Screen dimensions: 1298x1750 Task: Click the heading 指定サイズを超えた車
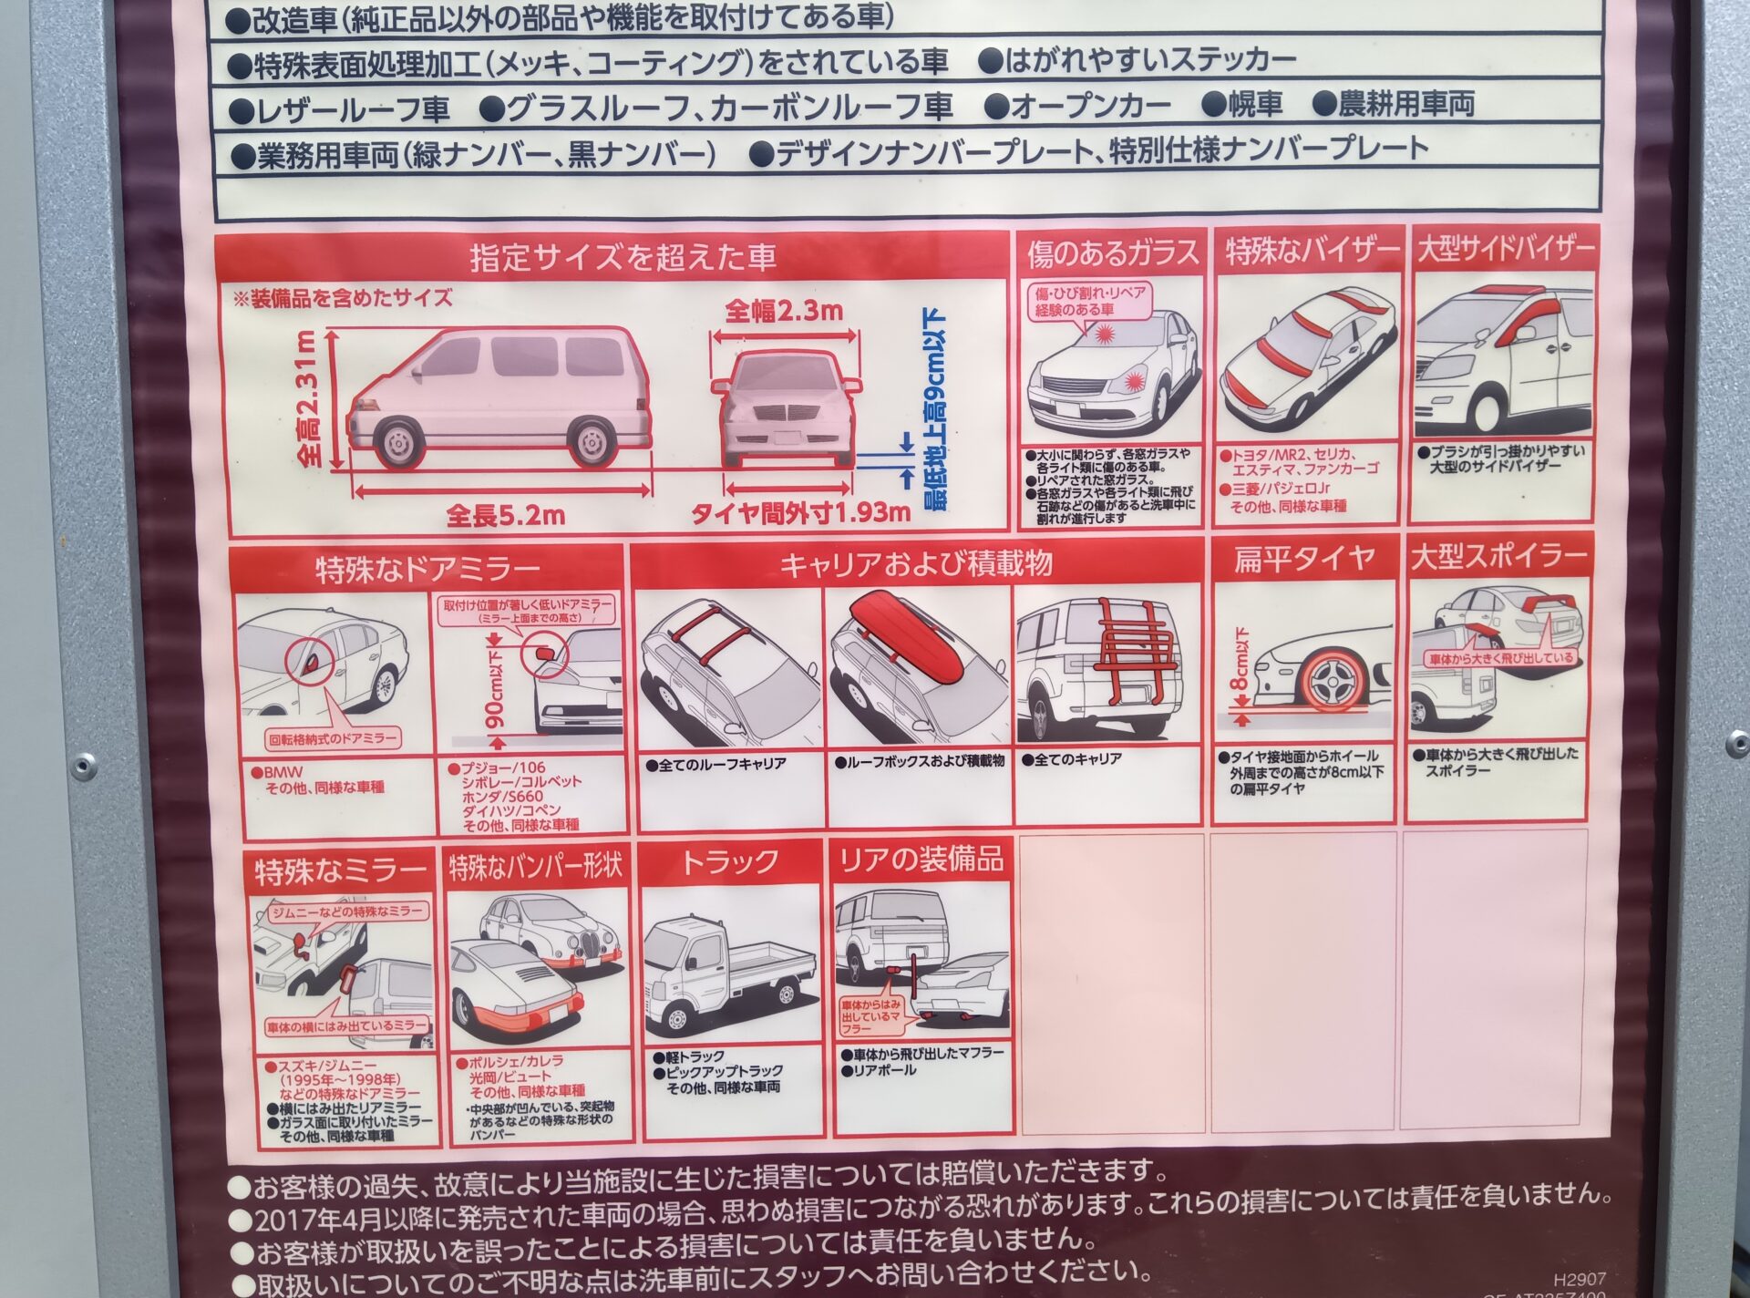click(x=623, y=258)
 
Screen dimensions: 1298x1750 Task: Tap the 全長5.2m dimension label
click(x=505, y=516)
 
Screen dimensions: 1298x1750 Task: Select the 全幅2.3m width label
click(x=784, y=312)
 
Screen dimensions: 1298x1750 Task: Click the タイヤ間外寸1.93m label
click(x=800, y=512)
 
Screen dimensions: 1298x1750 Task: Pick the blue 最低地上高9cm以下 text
click(x=933, y=410)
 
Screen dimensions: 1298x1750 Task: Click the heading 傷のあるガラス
click(x=1112, y=252)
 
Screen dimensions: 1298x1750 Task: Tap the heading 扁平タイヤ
click(x=1303, y=558)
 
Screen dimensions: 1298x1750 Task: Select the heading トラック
click(x=730, y=861)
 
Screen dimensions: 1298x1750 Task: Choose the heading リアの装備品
click(x=921, y=859)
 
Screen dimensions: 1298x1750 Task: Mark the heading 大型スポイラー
click(x=1498, y=557)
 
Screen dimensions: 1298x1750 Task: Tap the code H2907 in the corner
click(x=1580, y=1280)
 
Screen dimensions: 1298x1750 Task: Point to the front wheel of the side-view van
click(x=398, y=442)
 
